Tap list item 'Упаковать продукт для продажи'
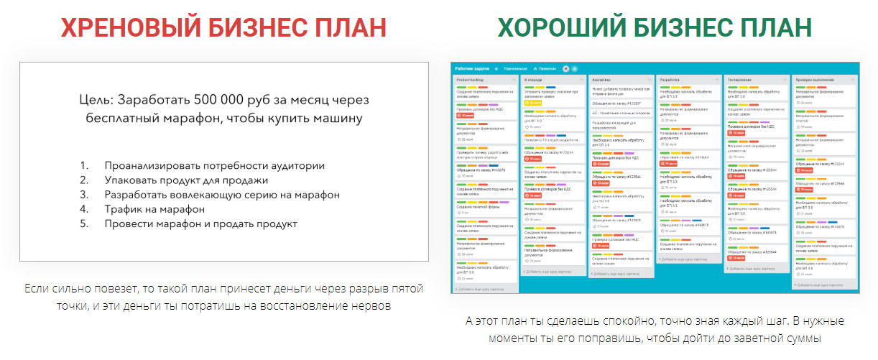[x=186, y=180]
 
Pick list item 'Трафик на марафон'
[x=154, y=209]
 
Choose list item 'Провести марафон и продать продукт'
[x=200, y=223]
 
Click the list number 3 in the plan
[x=83, y=195]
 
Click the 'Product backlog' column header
[x=471, y=79]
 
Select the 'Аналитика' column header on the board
[x=602, y=79]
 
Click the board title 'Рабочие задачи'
[x=472, y=68]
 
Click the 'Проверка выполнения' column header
[x=815, y=79]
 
